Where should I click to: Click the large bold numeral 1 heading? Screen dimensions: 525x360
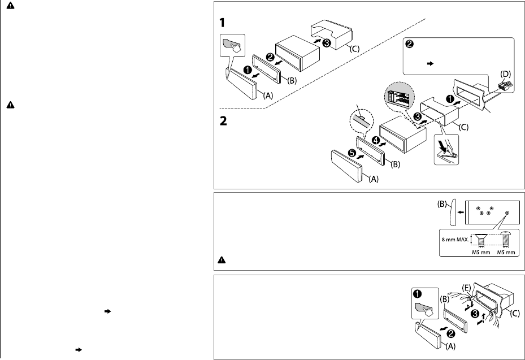222,23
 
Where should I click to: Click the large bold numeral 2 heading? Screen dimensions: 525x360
223,120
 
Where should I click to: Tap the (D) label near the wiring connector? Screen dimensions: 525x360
506,74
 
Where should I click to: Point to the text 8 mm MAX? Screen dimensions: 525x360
455,240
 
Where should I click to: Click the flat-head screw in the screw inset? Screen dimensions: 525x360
481,240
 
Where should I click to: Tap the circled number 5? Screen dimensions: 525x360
352,153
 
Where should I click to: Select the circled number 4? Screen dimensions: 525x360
376,141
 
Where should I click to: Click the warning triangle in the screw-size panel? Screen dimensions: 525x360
222,260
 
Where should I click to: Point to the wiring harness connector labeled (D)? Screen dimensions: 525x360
504,84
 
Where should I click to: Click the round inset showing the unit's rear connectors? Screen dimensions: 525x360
400,96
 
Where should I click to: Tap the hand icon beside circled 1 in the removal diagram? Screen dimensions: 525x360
425,309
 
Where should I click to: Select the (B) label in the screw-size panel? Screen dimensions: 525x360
442,204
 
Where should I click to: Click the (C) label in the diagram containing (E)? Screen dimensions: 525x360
514,314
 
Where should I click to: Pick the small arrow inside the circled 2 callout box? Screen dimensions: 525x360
431,63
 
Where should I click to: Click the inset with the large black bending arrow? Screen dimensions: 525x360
446,150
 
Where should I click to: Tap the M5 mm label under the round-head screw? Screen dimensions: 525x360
506,252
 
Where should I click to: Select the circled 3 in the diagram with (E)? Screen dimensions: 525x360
475,314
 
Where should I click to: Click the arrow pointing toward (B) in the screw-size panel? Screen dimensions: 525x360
461,212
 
